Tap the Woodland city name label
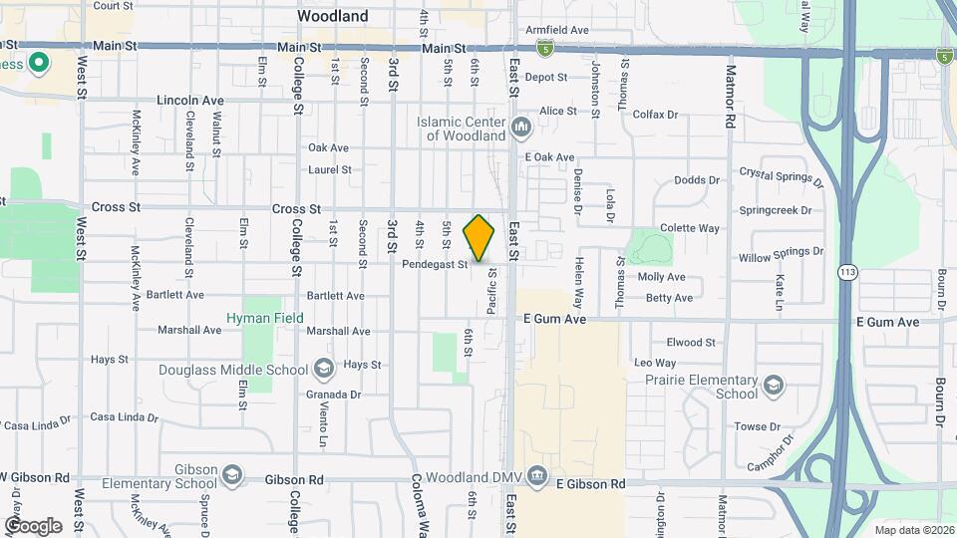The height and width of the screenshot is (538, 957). pos(333,16)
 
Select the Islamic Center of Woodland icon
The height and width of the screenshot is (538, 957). pos(520,128)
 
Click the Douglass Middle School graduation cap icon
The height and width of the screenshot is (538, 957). pos(323,370)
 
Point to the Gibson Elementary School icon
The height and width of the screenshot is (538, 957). pos(232,471)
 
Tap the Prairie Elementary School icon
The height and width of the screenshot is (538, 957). pos(773,387)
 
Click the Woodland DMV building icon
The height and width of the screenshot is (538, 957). pos(538,473)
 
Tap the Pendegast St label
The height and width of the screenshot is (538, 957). pos(435,265)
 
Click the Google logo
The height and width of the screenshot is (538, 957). pos(33,525)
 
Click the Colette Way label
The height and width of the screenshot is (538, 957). pos(689,228)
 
